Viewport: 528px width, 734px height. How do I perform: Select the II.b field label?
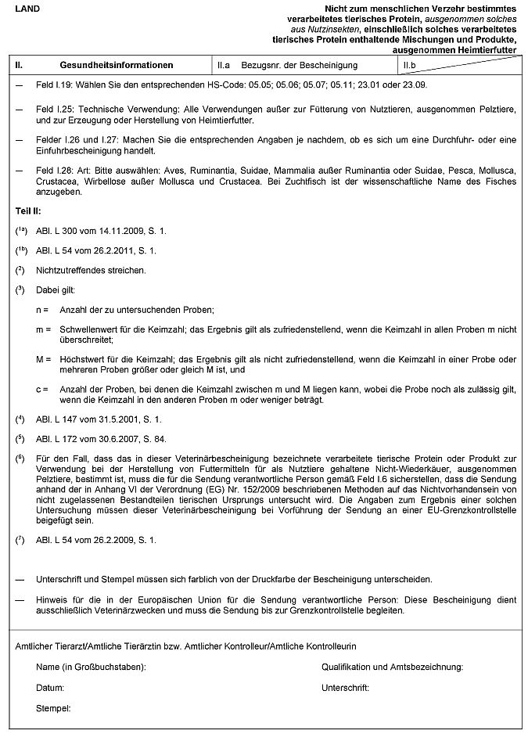pos(409,65)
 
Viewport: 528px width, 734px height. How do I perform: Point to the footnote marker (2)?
pos(20,270)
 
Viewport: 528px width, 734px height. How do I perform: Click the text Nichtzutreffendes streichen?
pos(92,271)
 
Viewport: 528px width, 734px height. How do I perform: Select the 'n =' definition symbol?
pos(41,310)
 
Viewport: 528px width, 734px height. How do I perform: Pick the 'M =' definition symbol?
pos(42,359)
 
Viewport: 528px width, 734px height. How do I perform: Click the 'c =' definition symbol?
pos(41,389)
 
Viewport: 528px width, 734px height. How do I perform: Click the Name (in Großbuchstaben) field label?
pos(92,667)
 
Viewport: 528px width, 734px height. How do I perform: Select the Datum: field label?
pos(49,688)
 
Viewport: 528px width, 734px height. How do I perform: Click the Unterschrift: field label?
pos(345,688)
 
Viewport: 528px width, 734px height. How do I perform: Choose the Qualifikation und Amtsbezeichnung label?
pos(393,667)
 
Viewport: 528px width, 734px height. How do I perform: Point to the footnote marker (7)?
pos(20,539)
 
